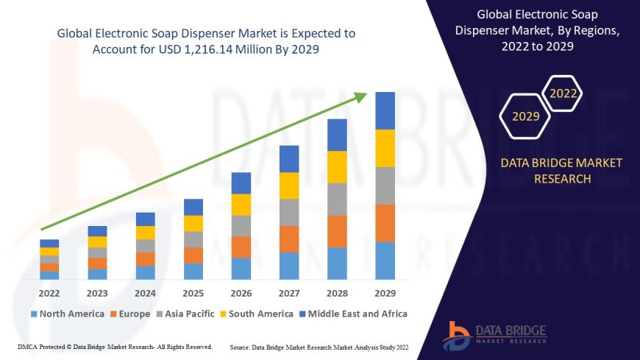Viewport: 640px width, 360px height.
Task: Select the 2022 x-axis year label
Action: tap(49, 294)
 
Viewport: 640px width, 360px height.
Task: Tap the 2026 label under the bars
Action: tap(241, 294)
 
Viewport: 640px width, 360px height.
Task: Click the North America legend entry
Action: tap(66, 314)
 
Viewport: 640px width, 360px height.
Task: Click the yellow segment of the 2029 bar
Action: tap(385, 148)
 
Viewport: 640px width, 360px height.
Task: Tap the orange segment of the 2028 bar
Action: tap(337, 231)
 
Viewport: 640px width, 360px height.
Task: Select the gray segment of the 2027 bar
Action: tap(289, 212)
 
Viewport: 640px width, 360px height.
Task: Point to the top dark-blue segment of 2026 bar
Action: tap(241, 183)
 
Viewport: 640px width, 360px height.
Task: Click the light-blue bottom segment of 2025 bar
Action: tap(193, 272)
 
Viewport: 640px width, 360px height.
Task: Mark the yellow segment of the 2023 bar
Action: tap(97, 241)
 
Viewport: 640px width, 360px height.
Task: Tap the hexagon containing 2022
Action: tap(563, 93)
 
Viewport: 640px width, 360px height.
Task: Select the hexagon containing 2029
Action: tap(525, 116)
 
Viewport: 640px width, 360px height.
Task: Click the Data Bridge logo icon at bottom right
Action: tap(456, 336)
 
